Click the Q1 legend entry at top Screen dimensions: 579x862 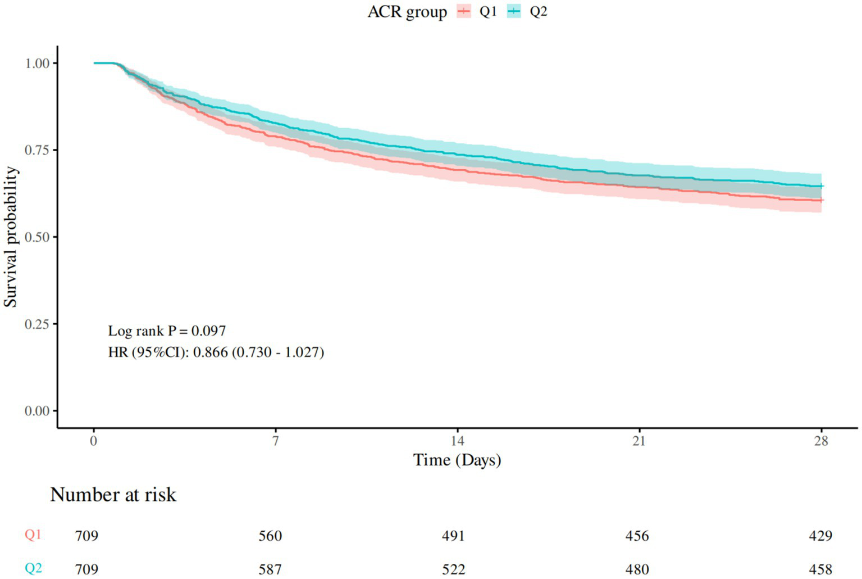click(x=477, y=12)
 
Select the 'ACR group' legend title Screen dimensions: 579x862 click(x=407, y=12)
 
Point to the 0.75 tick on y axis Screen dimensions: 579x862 click(x=37, y=150)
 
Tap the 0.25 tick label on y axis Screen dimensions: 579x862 click(x=37, y=324)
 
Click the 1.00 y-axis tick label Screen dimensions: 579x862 click(x=37, y=64)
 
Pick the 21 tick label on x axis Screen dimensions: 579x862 click(x=639, y=441)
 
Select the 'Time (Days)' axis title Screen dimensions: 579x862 click(x=457, y=460)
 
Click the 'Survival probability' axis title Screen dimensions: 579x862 click(x=11, y=237)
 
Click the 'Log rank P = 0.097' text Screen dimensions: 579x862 click(x=167, y=331)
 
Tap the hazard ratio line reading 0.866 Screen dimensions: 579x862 click(x=216, y=352)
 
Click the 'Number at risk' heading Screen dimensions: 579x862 click(x=113, y=495)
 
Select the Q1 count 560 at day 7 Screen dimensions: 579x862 click(x=270, y=536)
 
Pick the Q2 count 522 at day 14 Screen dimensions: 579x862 click(x=453, y=569)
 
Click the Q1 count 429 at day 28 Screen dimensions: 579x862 click(x=820, y=536)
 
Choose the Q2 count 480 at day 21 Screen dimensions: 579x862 click(x=637, y=569)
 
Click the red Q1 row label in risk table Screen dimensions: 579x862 click(x=33, y=535)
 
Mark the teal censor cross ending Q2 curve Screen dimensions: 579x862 click(x=821, y=186)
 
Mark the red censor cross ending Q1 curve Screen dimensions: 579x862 click(x=821, y=200)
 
